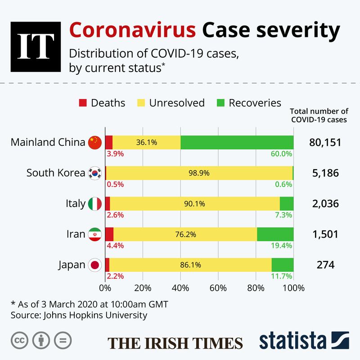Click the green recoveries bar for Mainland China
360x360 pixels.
237,143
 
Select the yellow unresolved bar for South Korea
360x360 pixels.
199,173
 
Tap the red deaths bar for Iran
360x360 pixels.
109,234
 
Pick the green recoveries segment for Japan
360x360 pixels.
283,265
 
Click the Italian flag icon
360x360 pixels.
95,203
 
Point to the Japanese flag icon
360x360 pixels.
95,265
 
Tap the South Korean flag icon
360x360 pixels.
95,173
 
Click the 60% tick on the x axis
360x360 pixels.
218,288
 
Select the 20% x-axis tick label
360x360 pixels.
143,288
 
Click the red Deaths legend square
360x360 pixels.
82,103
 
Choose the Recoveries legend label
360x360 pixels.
255,103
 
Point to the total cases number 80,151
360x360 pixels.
325,143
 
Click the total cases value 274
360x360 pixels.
325,265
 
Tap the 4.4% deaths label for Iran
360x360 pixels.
115,246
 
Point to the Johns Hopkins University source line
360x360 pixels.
79,315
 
